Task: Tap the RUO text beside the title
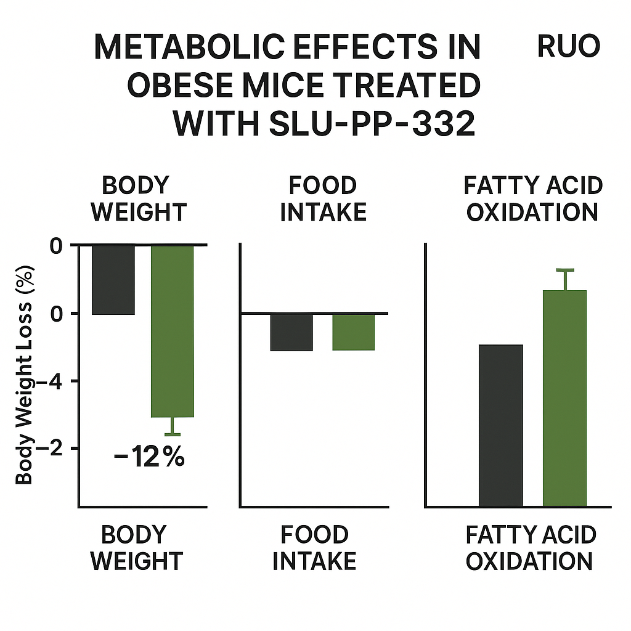pyautogui.click(x=569, y=47)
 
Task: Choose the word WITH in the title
pyautogui.click(x=216, y=124)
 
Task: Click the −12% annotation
pyautogui.click(x=149, y=458)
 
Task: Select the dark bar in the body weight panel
pyautogui.click(x=113, y=280)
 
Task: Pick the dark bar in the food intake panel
pyautogui.click(x=291, y=332)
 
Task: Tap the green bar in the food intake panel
pyautogui.click(x=353, y=332)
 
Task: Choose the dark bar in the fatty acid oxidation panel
pyautogui.click(x=500, y=425)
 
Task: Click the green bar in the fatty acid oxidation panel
pyautogui.click(x=564, y=398)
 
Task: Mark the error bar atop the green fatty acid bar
pyautogui.click(x=564, y=279)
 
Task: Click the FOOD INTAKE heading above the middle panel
pyautogui.click(x=323, y=198)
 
